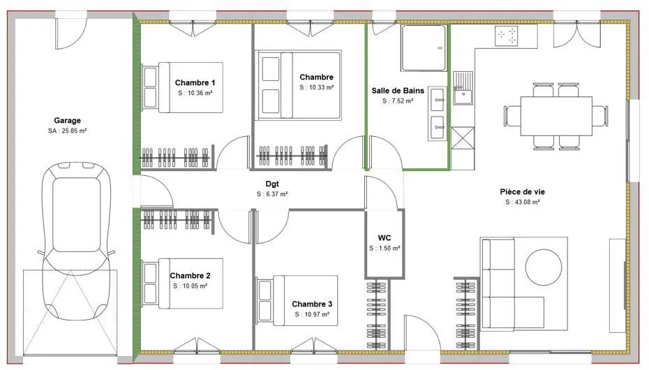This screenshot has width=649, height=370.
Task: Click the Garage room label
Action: [x=67, y=121]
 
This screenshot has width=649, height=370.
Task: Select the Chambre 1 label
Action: [x=195, y=83]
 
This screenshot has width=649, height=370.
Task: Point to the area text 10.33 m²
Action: [x=320, y=87]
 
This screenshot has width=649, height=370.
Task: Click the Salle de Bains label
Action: [x=398, y=91]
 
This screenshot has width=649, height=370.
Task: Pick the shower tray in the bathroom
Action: [x=424, y=48]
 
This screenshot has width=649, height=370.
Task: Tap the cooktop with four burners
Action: [x=507, y=36]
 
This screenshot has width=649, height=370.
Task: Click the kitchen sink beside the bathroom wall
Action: [x=463, y=88]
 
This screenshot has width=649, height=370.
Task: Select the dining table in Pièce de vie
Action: [x=556, y=116]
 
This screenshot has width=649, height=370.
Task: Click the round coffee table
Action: [x=544, y=267]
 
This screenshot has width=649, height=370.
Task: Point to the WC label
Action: [x=384, y=238]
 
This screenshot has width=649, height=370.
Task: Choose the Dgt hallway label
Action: [x=272, y=184]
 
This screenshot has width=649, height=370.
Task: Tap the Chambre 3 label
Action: [x=312, y=304]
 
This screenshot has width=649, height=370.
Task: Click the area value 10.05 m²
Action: [x=194, y=286]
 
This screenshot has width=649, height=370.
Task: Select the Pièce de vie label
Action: [x=523, y=191]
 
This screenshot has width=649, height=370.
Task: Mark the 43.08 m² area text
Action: [x=526, y=202]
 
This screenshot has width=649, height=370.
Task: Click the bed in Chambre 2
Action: [x=183, y=283]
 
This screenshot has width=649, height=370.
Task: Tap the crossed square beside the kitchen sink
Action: [x=463, y=138]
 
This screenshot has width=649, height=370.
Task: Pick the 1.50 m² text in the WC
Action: [x=389, y=249]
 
